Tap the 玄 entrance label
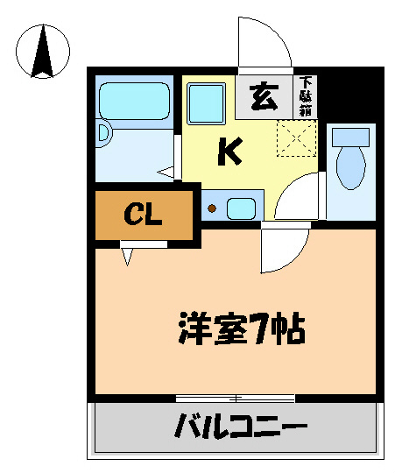coord(262,95)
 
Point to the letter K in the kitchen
coord(229,152)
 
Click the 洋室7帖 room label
coord(240,330)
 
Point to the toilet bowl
coord(351,167)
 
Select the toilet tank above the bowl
coord(350,137)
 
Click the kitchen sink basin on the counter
coord(241,208)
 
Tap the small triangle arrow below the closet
coord(128,256)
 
